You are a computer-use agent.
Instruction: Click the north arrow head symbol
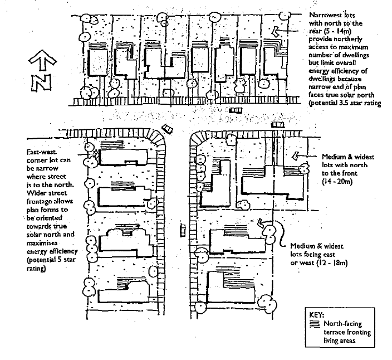click(x=42, y=60)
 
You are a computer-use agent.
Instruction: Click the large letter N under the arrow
click(x=41, y=82)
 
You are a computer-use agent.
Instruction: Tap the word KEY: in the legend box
click(x=316, y=315)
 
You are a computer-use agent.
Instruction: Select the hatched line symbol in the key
click(x=315, y=324)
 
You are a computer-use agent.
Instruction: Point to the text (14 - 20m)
click(x=337, y=181)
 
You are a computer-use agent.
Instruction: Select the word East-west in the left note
click(x=42, y=152)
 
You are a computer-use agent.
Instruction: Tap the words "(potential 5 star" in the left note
click(x=51, y=260)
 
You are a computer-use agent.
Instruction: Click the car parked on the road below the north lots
click(x=236, y=110)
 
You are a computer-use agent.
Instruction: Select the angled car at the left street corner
click(x=167, y=129)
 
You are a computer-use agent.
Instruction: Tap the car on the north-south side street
click(x=183, y=230)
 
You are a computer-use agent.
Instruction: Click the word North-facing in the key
click(x=343, y=324)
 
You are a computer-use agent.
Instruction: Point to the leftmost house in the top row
click(x=99, y=62)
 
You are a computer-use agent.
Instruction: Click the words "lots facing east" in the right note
click(x=312, y=255)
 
